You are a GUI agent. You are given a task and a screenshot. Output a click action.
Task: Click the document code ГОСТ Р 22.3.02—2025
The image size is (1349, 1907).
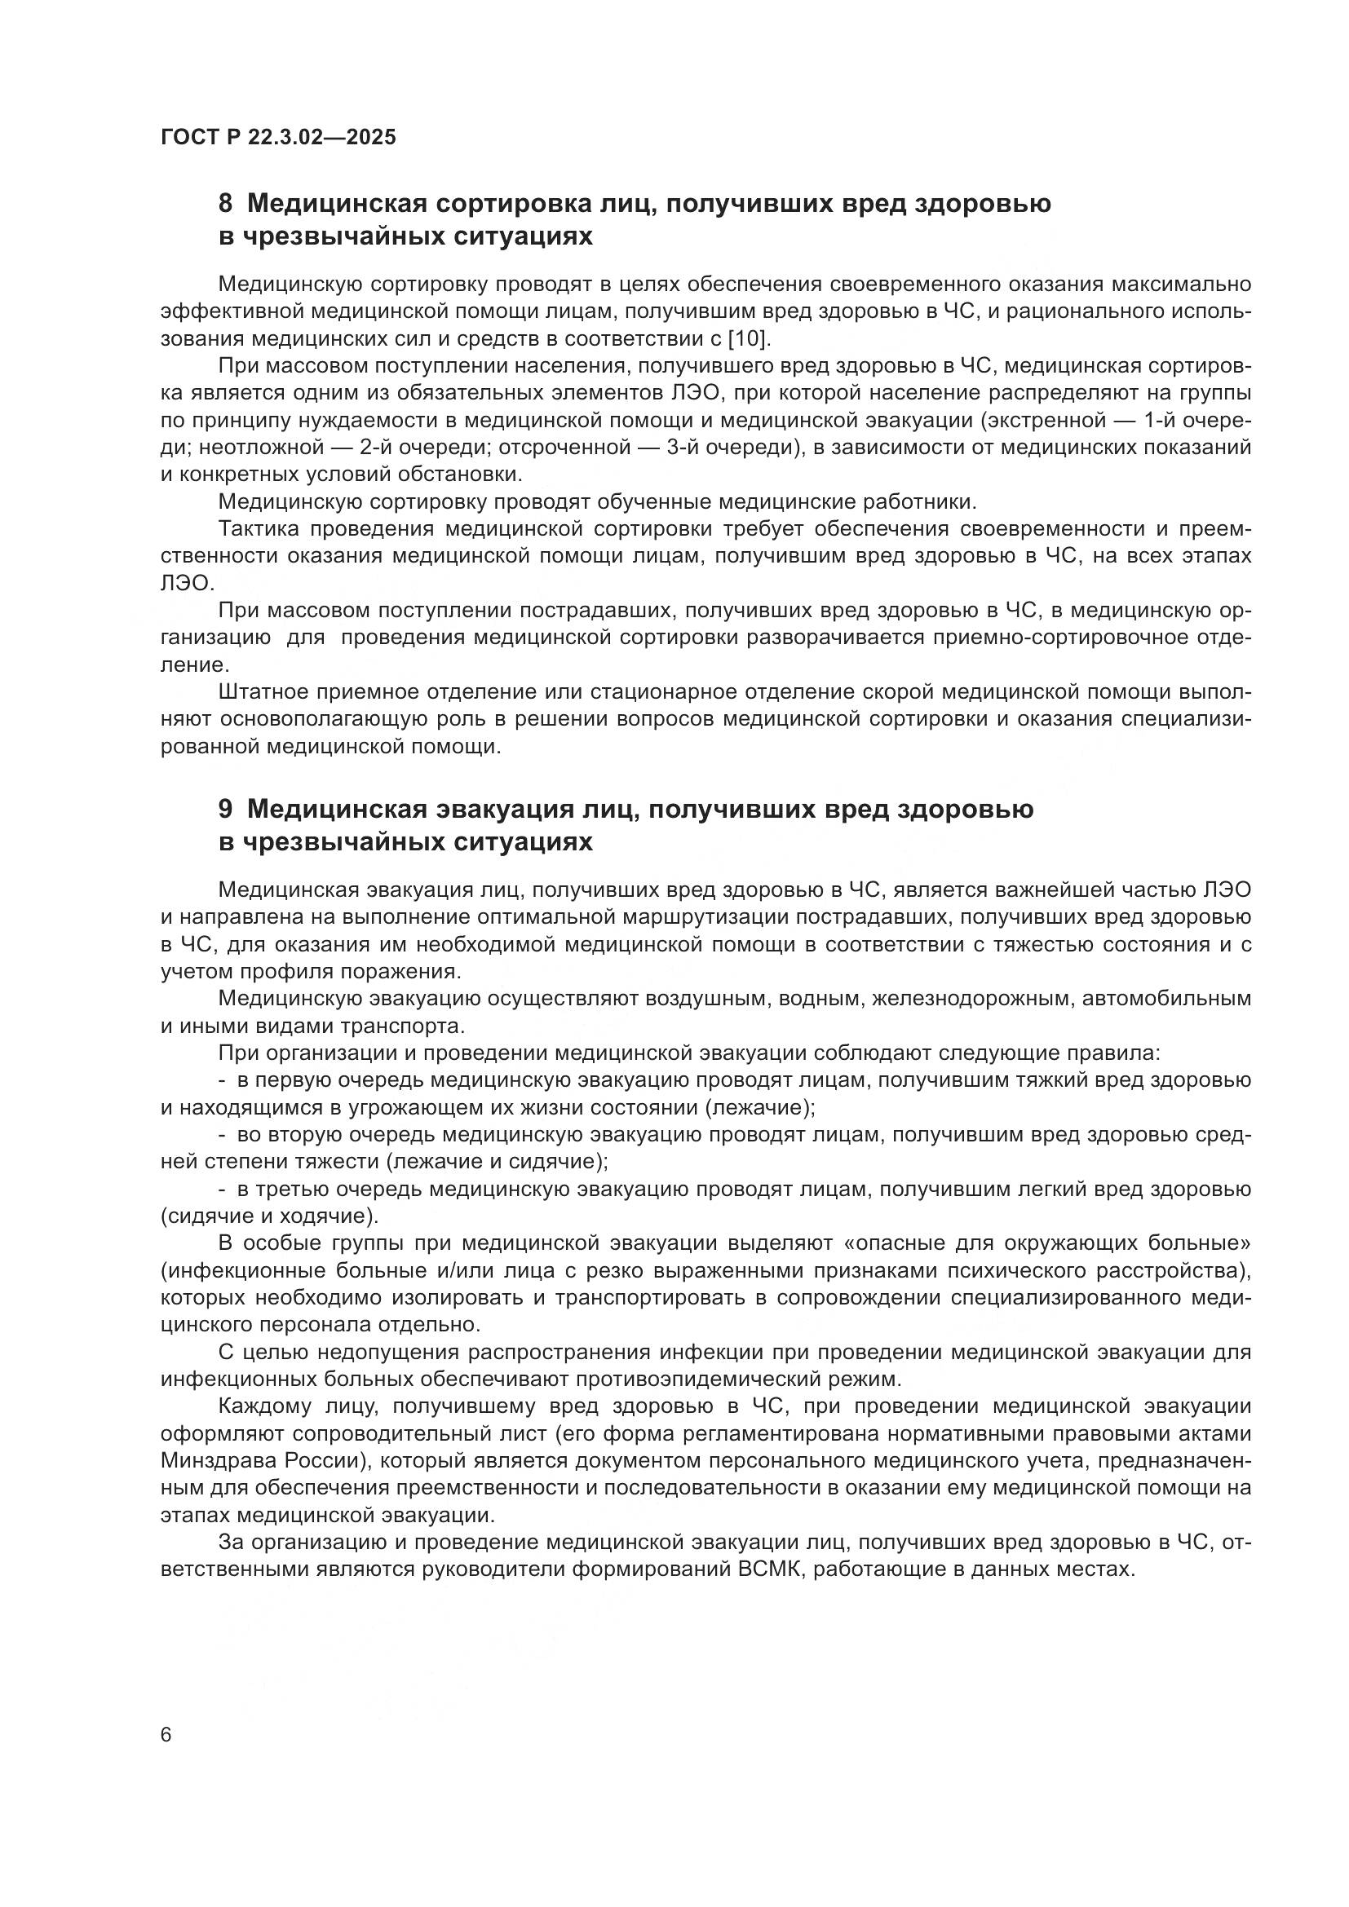coord(278,137)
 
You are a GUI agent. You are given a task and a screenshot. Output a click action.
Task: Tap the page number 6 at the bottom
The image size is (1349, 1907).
coord(166,1736)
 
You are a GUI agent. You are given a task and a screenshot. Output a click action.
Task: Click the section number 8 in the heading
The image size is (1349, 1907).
coord(225,204)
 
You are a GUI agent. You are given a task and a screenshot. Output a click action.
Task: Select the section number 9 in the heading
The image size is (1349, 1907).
coord(225,809)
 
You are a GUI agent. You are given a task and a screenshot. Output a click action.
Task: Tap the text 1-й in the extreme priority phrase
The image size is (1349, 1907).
coord(1161,420)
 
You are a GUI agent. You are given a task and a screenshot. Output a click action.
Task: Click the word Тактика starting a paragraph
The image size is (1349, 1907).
coord(259,529)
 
